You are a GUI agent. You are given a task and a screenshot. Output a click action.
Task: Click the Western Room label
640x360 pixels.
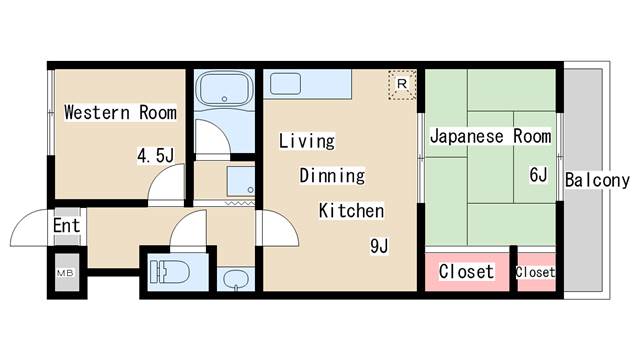pos(120,112)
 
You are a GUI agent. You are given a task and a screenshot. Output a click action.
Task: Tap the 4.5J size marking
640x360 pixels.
pos(156,156)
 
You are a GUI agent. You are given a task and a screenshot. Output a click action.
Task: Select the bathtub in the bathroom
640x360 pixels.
pos(224,89)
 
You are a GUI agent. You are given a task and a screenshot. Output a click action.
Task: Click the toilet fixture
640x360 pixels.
pos(169,272)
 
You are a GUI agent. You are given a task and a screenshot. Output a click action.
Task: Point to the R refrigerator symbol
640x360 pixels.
pos(402,84)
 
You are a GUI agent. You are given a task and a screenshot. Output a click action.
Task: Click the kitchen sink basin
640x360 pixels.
pos(285,83)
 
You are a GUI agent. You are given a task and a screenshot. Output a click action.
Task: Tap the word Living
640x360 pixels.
pos(307,141)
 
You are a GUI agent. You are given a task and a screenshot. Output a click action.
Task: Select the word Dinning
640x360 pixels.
pos(332,176)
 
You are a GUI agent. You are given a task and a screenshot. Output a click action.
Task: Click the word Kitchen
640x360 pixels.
pos(351,211)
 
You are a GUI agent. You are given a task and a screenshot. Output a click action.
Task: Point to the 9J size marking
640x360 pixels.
pos(379,246)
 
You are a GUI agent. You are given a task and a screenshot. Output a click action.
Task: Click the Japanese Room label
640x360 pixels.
pos(491,136)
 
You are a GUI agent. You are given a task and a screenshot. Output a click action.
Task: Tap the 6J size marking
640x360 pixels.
pos(538,175)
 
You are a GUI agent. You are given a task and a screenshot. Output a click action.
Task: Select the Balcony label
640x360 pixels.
pos(597,180)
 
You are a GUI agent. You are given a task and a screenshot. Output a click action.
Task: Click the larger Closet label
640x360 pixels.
pos(466,272)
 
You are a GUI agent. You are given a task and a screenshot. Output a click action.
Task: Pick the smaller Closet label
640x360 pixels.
pos(535,272)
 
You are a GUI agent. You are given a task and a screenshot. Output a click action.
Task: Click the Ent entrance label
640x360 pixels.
pos(67,226)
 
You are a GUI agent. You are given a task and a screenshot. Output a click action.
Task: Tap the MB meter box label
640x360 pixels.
pos(65,273)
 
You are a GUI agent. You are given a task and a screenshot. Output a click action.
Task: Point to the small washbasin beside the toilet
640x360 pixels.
pos(236,280)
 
